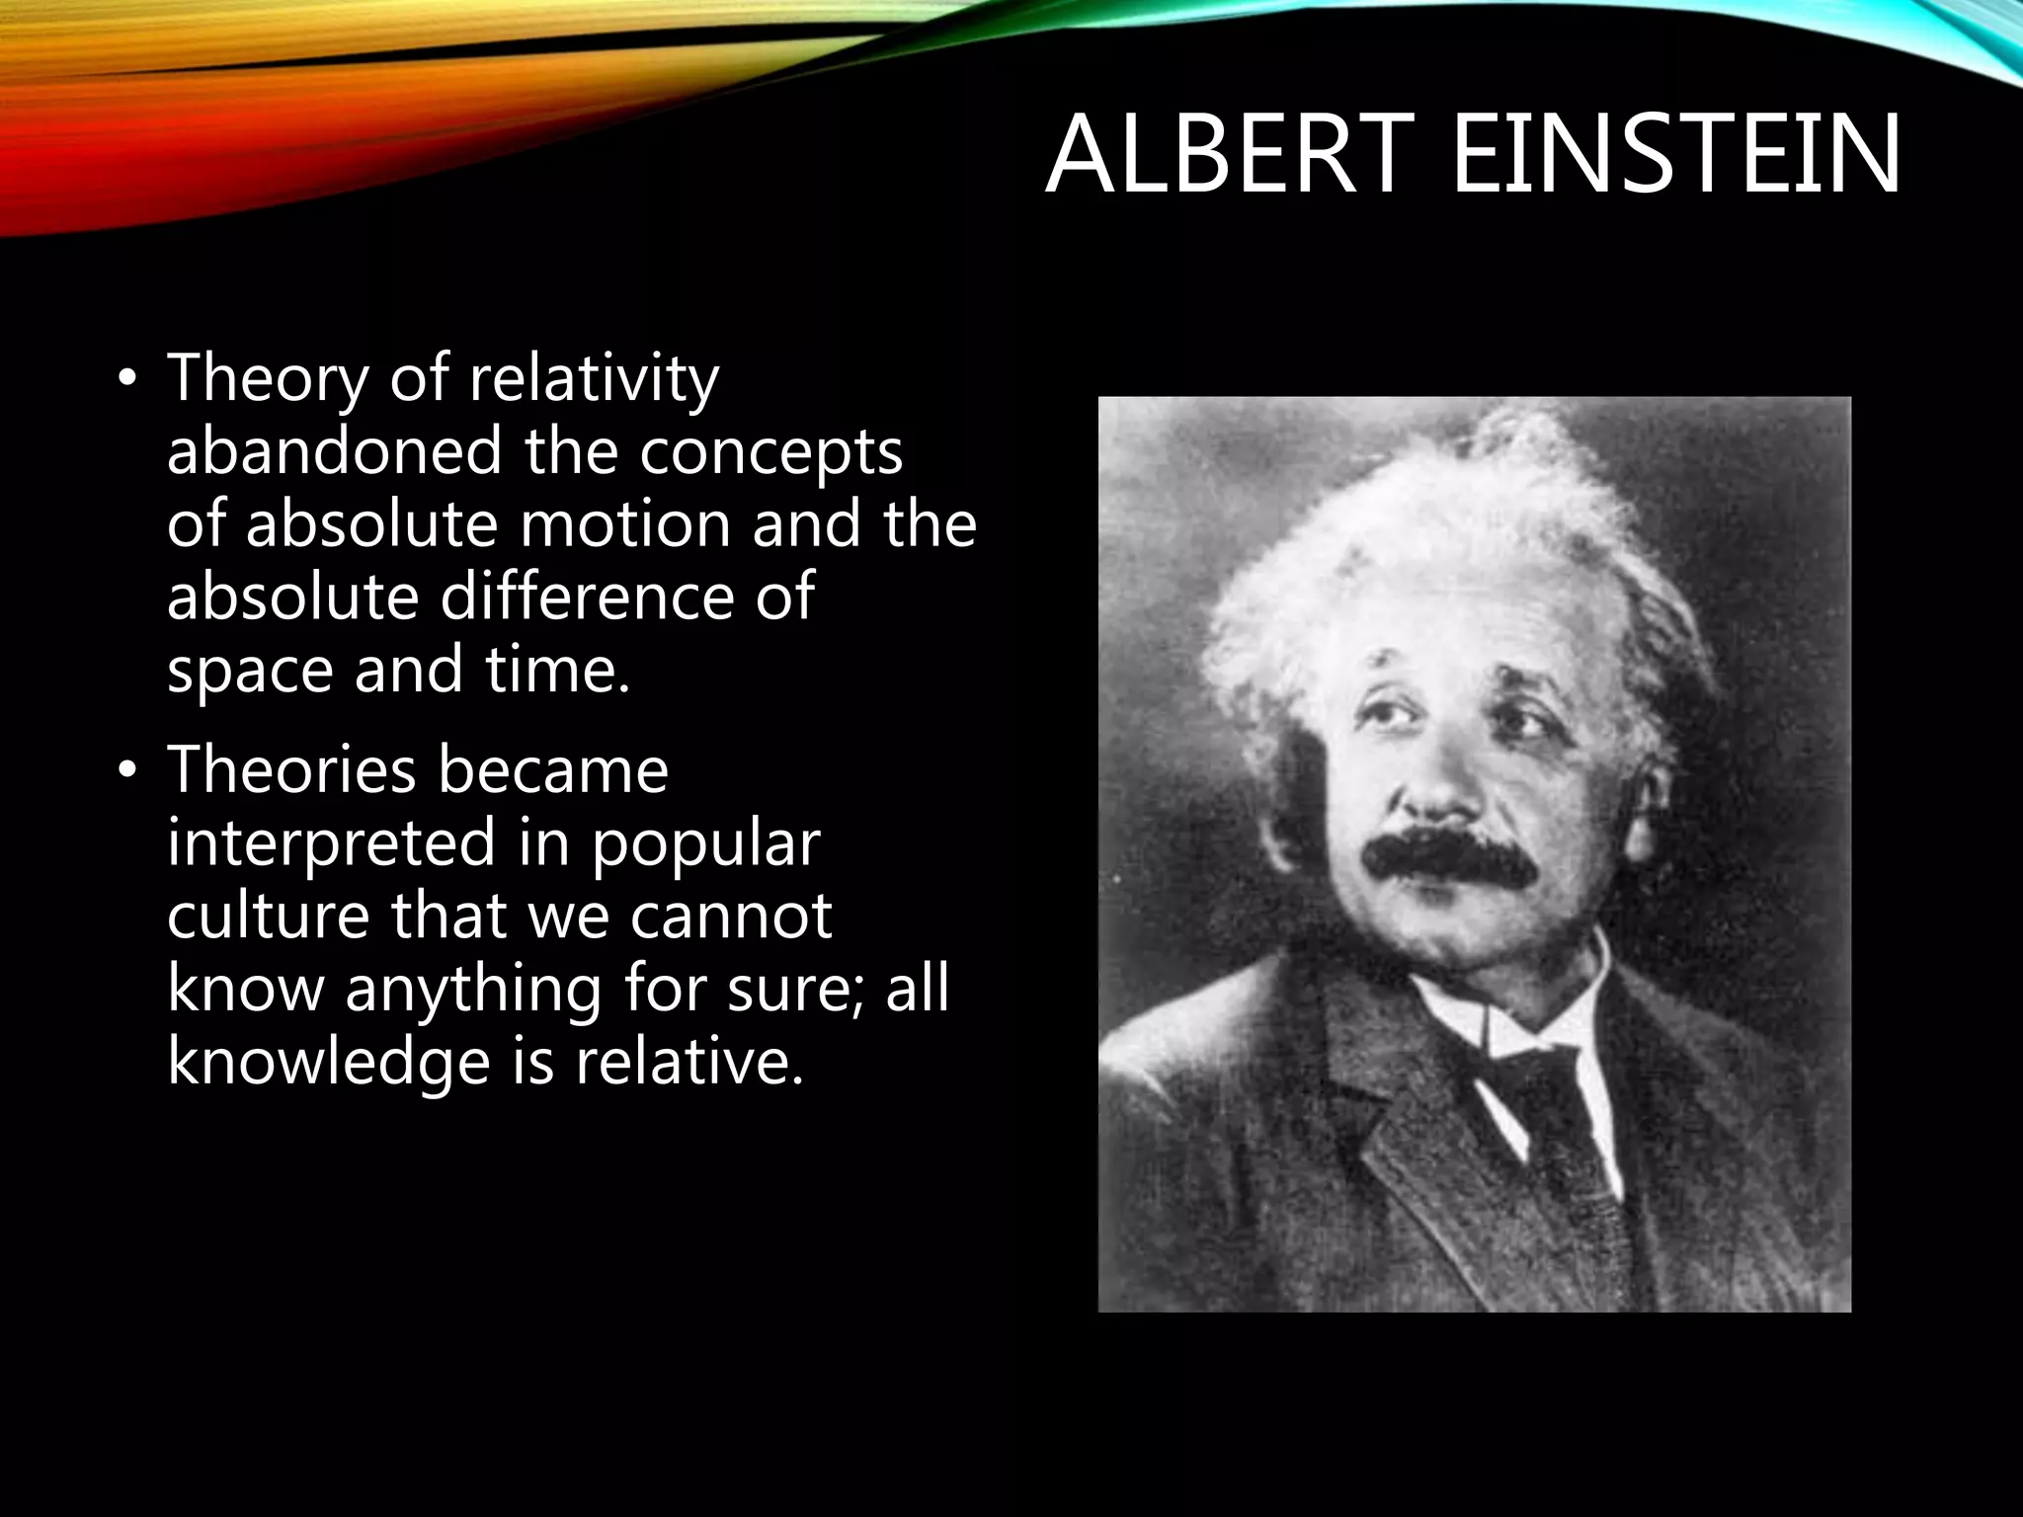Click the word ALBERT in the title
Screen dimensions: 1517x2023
coord(1223,157)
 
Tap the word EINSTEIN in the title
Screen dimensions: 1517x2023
coord(1675,157)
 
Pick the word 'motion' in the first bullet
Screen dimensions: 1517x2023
coord(625,524)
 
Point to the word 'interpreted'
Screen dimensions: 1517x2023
coord(331,845)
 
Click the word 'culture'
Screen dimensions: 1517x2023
coord(268,917)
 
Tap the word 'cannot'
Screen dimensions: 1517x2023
coord(730,917)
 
